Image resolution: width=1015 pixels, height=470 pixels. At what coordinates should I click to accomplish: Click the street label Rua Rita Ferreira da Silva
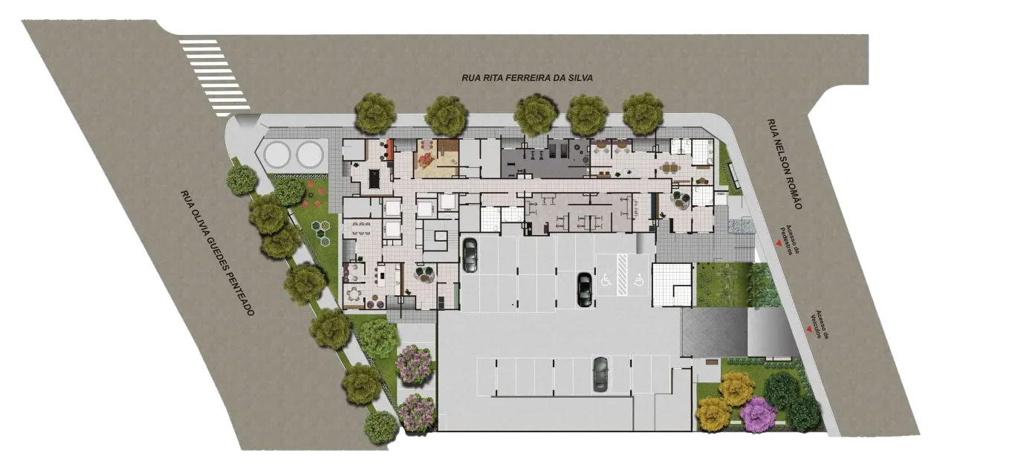(527, 78)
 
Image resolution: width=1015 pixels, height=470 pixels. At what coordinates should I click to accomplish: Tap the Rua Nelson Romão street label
(785, 164)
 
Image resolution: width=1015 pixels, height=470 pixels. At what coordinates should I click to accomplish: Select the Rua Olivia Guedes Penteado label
(217, 253)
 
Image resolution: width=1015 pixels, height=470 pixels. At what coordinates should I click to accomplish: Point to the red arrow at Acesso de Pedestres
(779, 244)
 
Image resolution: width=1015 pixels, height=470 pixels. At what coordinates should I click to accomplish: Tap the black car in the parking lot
(585, 289)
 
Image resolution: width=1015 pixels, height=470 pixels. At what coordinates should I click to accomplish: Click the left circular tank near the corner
(277, 154)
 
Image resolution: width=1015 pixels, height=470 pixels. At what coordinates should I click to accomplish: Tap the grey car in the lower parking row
(600, 374)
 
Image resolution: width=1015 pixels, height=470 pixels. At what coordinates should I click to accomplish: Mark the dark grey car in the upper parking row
(470, 255)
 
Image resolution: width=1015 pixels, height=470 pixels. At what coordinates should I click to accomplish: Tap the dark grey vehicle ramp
(713, 332)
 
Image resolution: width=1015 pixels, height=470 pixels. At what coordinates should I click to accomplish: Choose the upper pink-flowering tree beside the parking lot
(414, 364)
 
